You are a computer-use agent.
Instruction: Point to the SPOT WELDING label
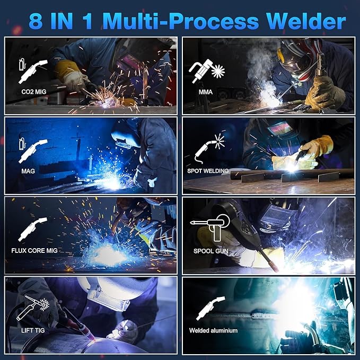point(208,171)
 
